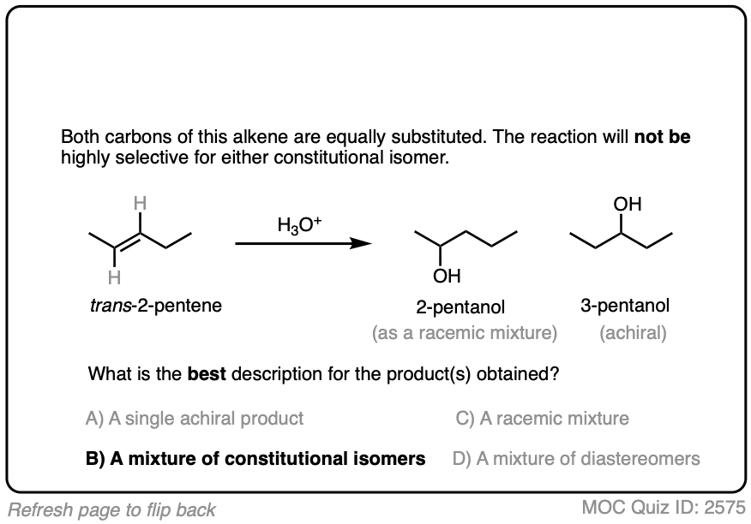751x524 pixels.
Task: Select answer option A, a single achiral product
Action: tap(195, 419)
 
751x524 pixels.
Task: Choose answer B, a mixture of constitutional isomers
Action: tap(255, 458)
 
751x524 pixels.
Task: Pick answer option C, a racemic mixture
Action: tap(543, 419)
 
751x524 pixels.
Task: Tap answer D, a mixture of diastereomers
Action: tap(576, 458)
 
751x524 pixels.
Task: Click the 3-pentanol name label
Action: tap(625, 306)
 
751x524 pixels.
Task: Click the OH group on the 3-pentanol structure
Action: tap(628, 206)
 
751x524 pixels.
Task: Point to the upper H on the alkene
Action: tap(143, 205)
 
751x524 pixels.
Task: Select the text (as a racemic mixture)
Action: tap(465, 333)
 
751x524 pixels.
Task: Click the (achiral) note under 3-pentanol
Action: tap(633, 333)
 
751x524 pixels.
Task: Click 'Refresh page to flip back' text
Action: tap(109, 509)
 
